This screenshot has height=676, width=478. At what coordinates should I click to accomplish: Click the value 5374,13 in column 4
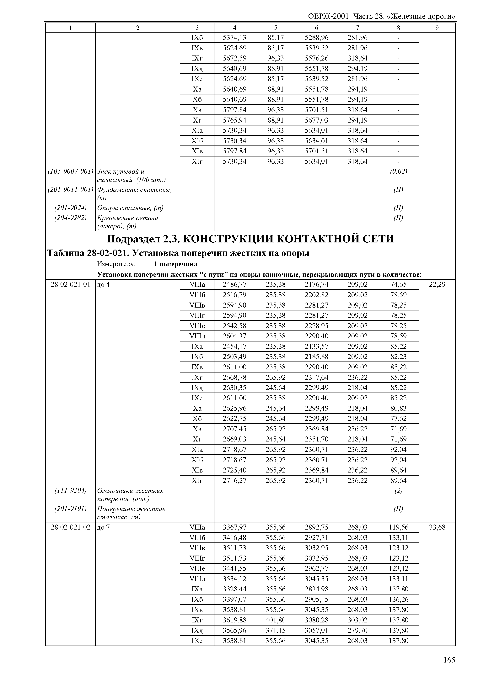point(234,37)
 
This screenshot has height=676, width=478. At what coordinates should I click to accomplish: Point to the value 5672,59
point(234,58)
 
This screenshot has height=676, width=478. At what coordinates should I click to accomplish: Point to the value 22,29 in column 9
point(437,284)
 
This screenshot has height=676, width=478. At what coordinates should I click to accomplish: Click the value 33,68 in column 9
point(437,527)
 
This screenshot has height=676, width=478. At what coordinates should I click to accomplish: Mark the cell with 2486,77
point(234,284)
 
